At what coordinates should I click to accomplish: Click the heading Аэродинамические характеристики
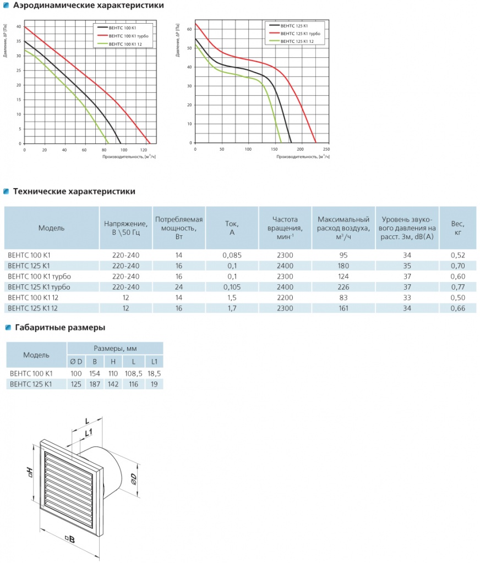click(88, 5)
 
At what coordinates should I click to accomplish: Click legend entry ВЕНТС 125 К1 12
click(297, 42)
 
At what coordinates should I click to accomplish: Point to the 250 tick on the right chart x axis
click(326, 150)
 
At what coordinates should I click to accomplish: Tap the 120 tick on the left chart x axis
click(144, 150)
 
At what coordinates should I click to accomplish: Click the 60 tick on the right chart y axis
click(189, 29)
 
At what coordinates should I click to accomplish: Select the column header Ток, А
click(232, 228)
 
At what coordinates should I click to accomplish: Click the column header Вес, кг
click(457, 228)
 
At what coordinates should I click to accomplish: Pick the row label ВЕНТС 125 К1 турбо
click(40, 287)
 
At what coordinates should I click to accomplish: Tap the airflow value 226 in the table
click(343, 287)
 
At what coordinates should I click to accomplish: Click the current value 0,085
click(232, 255)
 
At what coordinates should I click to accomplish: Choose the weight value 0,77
click(457, 287)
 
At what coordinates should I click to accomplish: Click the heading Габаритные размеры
click(59, 328)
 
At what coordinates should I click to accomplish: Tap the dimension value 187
click(95, 384)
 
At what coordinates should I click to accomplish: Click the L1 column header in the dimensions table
click(154, 361)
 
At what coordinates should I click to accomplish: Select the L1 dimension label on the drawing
click(88, 433)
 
